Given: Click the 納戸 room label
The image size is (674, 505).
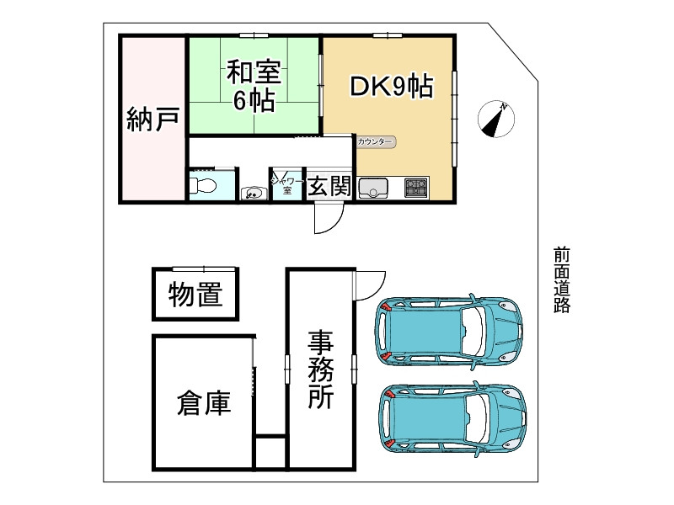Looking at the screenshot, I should pyautogui.click(x=152, y=118).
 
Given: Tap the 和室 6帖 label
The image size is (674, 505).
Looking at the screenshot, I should pyautogui.click(x=254, y=85).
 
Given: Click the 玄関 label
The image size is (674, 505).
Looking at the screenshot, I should pyautogui.click(x=328, y=187).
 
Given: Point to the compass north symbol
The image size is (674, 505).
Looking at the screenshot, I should pyautogui.click(x=495, y=120).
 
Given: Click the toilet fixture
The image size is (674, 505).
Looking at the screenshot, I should pyautogui.click(x=202, y=186).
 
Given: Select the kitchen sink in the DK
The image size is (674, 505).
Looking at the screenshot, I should pyautogui.click(x=372, y=187).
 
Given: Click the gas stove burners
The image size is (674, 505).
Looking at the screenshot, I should pyautogui.click(x=415, y=187).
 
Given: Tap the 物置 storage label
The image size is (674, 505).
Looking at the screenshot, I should pyautogui.click(x=195, y=295).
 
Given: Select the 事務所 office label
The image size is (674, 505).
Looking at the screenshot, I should pyautogui.click(x=320, y=369).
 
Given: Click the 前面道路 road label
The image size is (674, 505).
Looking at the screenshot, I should pyautogui.click(x=562, y=279).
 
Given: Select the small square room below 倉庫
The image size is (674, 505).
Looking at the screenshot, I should pyautogui.click(x=270, y=453).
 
